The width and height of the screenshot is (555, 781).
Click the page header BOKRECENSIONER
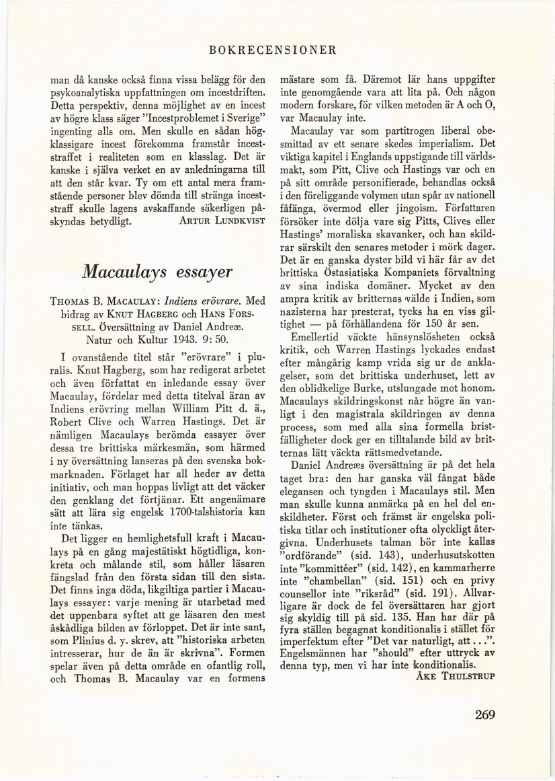point(272,50)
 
